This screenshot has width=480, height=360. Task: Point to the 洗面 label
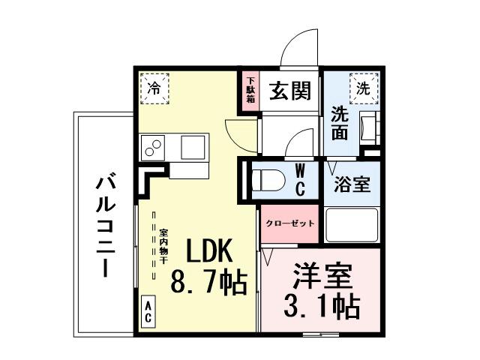[x=340, y=124]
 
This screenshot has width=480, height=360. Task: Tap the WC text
[x=299, y=179]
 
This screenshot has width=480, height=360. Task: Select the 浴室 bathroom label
[x=351, y=184]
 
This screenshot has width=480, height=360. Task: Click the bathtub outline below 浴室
[x=351, y=226]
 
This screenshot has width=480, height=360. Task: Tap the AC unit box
[x=148, y=311]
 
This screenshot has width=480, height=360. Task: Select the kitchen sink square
[x=195, y=145]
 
